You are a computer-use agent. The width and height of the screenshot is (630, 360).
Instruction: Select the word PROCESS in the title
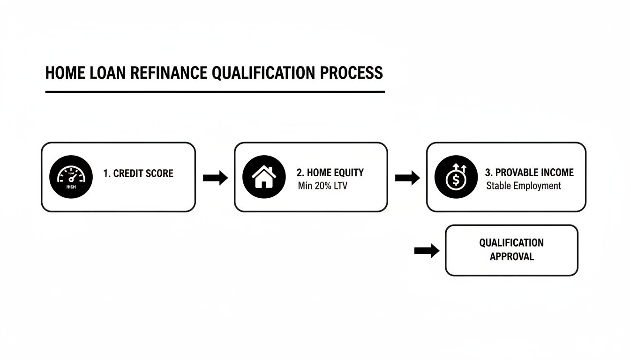pos(351,73)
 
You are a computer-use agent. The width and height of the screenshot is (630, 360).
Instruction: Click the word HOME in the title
pos(64,73)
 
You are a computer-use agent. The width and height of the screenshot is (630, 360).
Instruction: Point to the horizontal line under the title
pos(215,92)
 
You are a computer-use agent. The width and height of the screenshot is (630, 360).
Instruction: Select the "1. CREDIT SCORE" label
pos(138,173)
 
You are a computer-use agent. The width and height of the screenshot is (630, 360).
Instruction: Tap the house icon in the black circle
pos(264,177)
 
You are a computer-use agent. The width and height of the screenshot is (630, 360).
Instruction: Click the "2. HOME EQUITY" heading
pos(330,172)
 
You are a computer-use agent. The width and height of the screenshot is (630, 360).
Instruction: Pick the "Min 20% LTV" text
pos(323,186)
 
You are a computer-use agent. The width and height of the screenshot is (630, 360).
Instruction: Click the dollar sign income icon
pos(456,177)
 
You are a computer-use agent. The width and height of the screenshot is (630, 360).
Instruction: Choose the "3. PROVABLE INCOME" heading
pos(529,172)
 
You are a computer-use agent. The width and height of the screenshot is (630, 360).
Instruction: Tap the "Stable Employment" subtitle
pos(524,186)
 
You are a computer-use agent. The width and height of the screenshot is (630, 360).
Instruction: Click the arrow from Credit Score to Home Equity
pos(215,178)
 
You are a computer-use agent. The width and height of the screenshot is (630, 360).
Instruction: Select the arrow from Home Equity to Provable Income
pos(407,178)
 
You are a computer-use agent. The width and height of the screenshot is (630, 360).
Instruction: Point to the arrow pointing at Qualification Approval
pos(427,251)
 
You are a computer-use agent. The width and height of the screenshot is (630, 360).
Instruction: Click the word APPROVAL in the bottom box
pos(511,256)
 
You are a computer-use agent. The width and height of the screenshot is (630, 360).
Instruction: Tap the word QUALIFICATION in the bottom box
pos(511,243)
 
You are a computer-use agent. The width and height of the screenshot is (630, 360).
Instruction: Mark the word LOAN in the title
pos(104,73)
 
